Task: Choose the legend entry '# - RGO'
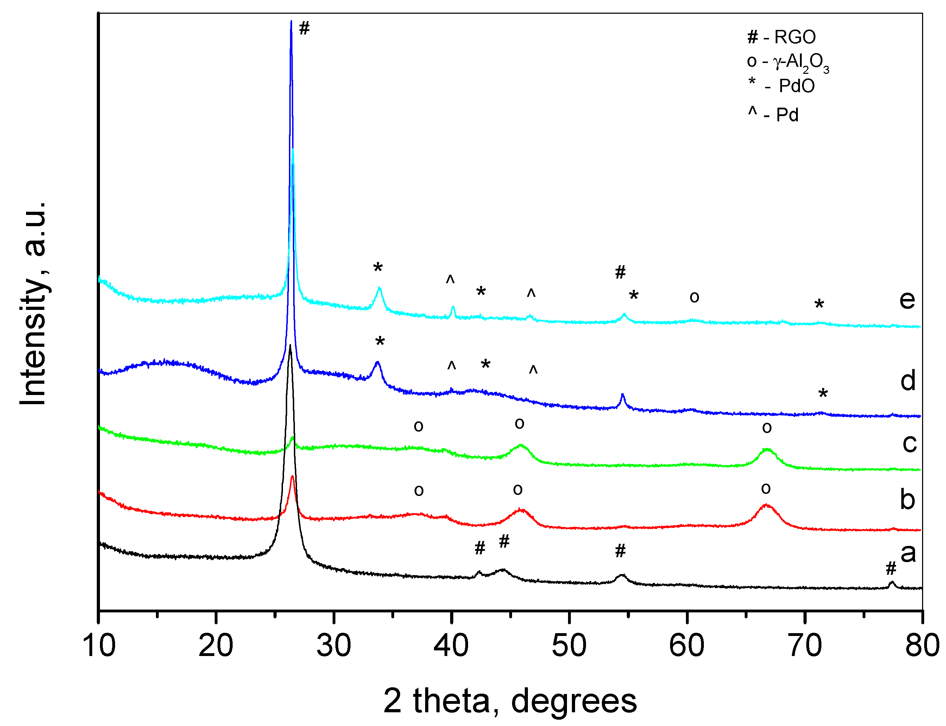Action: click(x=781, y=37)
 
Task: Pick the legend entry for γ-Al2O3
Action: click(x=787, y=63)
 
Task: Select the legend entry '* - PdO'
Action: click(x=781, y=85)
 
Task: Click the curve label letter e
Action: click(x=907, y=299)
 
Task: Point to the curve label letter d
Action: click(x=908, y=380)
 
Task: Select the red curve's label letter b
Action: click(x=907, y=499)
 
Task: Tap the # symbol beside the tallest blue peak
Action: click(x=304, y=28)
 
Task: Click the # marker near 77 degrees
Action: click(x=891, y=569)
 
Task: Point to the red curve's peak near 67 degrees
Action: click(x=766, y=505)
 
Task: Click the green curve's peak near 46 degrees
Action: click(x=521, y=445)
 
